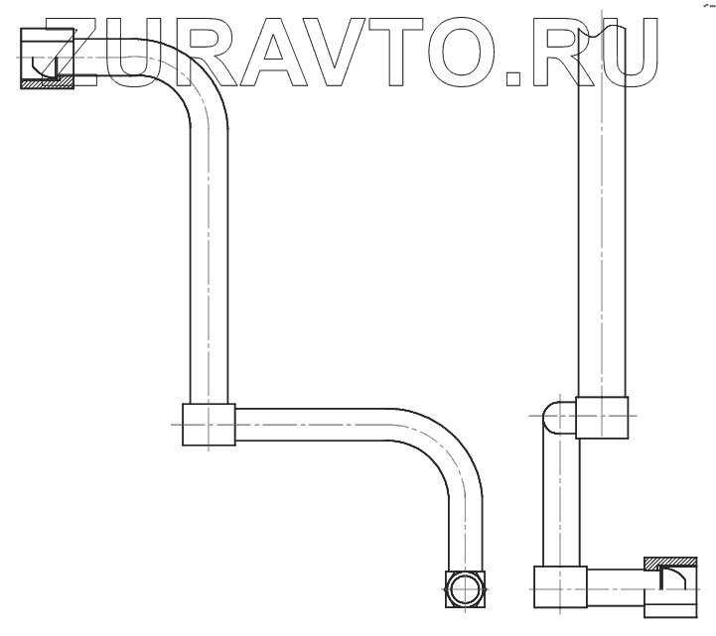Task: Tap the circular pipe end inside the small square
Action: click(x=464, y=588)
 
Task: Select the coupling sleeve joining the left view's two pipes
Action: click(x=209, y=426)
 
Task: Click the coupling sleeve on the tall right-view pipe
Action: click(x=602, y=417)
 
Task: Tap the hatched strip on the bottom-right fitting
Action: click(x=668, y=564)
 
